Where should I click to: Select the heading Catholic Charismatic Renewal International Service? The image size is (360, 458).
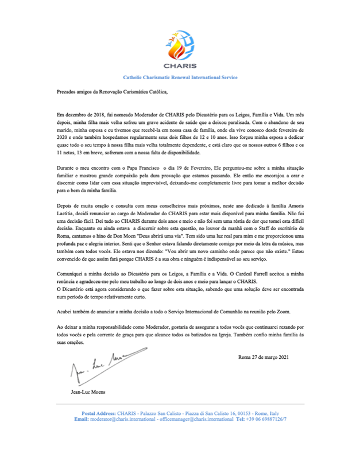tap(180, 77)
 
